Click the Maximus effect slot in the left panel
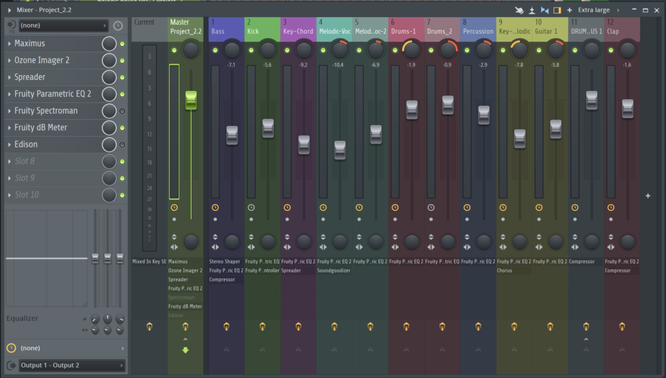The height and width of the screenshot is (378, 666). [x=52, y=44]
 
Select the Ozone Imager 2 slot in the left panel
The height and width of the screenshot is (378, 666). [x=52, y=60]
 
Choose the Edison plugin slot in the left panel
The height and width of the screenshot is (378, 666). [x=52, y=144]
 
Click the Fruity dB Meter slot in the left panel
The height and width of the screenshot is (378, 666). [x=52, y=127]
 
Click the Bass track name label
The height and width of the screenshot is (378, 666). [x=218, y=31]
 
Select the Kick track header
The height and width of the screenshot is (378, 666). [x=254, y=31]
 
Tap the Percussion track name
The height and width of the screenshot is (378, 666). [x=478, y=31]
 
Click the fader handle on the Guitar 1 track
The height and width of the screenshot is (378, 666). [x=555, y=129]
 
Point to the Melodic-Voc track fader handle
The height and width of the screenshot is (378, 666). [x=340, y=149]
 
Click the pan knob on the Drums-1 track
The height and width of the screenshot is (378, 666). [x=411, y=49]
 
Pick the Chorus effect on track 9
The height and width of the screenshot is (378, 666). [x=505, y=271]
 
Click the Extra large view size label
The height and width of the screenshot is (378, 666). [x=593, y=10]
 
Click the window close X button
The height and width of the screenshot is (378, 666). [x=657, y=10]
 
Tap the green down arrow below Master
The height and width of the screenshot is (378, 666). [x=185, y=351]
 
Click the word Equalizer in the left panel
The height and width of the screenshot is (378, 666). [x=23, y=318]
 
